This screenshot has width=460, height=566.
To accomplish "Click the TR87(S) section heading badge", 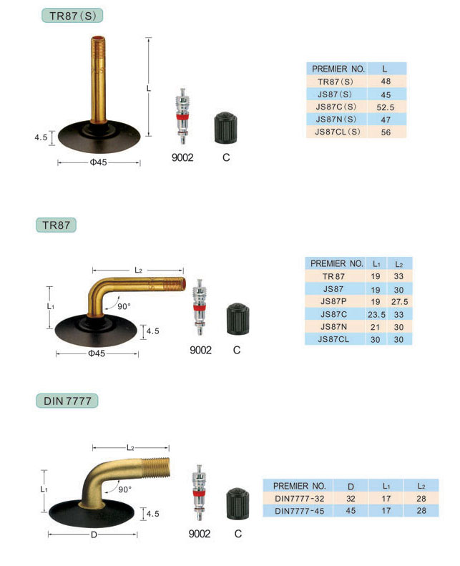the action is (x=72, y=16).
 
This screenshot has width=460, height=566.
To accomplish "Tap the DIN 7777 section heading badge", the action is (x=67, y=401).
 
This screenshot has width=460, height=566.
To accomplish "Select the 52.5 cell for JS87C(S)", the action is (x=386, y=107).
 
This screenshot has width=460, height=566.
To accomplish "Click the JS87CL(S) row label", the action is (x=338, y=132).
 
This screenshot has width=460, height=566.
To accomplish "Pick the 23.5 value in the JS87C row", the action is (x=376, y=314).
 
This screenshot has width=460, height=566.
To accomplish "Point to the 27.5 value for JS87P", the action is (x=399, y=302).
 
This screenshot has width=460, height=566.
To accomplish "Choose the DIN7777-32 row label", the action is (x=300, y=499).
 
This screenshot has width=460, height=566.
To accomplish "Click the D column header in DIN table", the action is (x=351, y=487).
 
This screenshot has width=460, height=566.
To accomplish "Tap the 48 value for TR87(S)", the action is (x=386, y=82).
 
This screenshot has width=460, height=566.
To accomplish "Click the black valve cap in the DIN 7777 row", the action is (x=238, y=504).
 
